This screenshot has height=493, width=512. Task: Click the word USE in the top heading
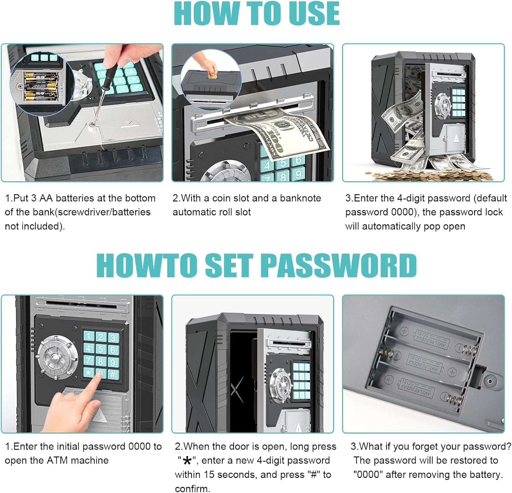(310, 13)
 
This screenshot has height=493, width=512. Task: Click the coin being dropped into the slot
(212, 75)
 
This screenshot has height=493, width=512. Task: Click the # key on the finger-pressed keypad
(112, 375)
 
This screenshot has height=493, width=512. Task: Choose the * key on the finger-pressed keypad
(88, 373)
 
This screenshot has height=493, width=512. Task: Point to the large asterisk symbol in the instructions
(187, 461)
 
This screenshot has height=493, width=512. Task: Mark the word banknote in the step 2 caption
(300, 198)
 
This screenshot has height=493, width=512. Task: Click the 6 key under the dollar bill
(298, 160)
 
